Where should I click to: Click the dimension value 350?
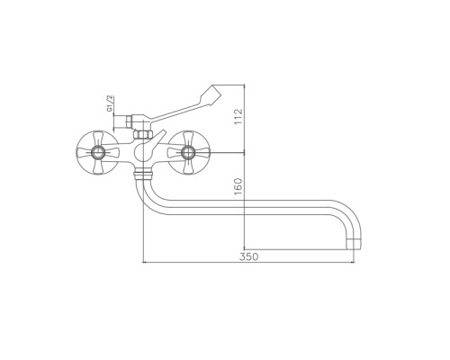coord(248,256)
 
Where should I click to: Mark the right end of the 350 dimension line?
coord(354,263)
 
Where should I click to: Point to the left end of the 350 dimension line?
coord(143,263)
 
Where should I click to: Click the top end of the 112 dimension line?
coord(245,85)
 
